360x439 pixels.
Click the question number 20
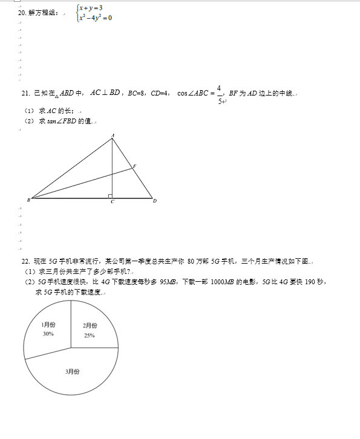(x=22, y=12)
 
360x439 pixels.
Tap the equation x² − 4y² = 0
(x=96, y=17)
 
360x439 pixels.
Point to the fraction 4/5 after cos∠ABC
(x=219, y=94)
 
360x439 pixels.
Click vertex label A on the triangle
(x=113, y=135)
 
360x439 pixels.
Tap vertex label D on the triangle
(x=154, y=201)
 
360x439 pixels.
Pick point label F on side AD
(x=134, y=166)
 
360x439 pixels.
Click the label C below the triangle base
(x=113, y=202)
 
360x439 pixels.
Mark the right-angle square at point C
(x=110, y=195)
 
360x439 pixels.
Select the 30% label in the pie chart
(x=48, y=334)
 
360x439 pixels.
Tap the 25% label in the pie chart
(x=90, y=336)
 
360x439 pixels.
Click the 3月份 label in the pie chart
(x=73, y=371)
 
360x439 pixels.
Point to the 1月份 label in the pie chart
(x=49, y=325)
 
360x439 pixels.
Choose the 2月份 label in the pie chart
(x=90, y=326)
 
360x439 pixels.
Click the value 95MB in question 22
(x=168, y=282)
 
